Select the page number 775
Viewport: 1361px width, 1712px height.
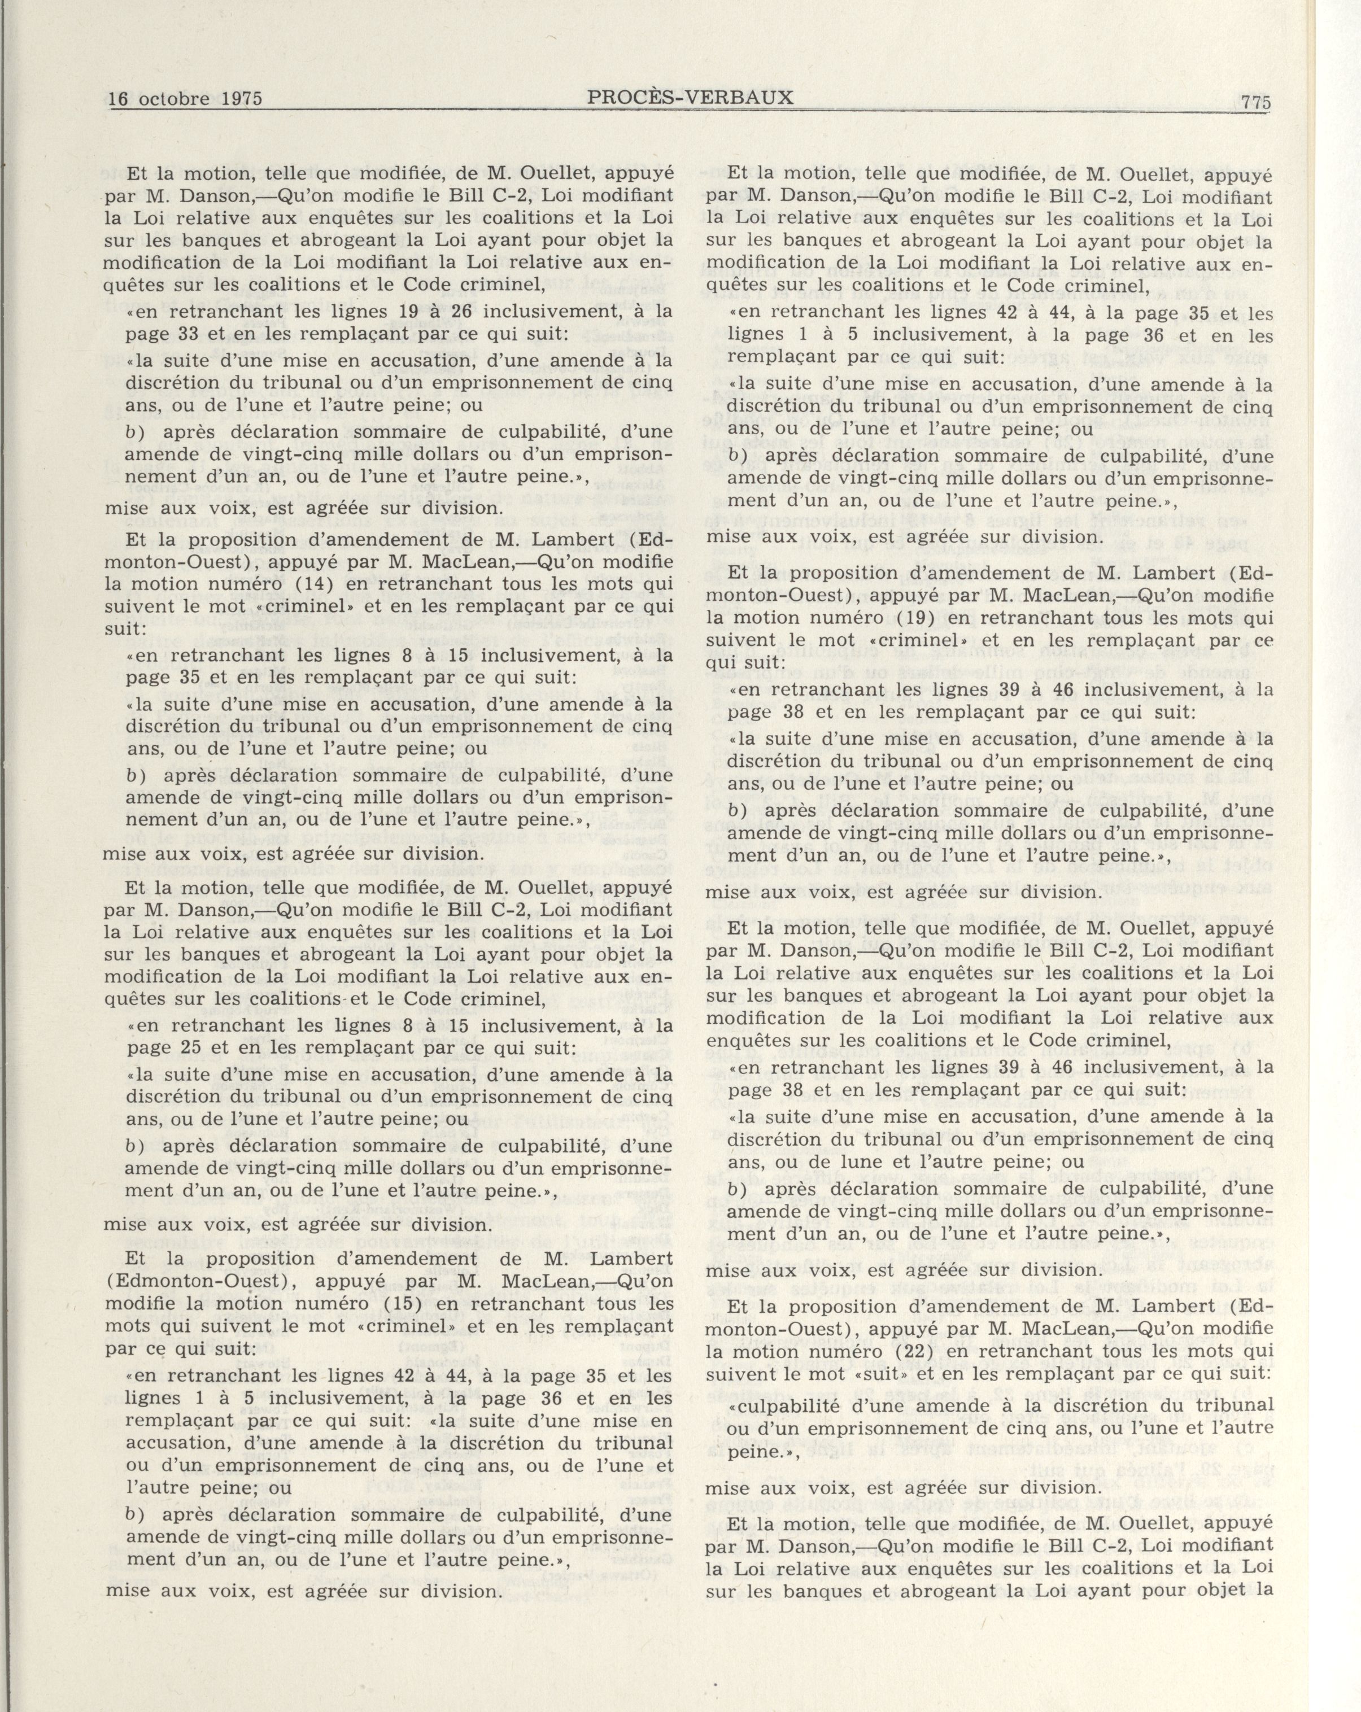(x=1256, y=102)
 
